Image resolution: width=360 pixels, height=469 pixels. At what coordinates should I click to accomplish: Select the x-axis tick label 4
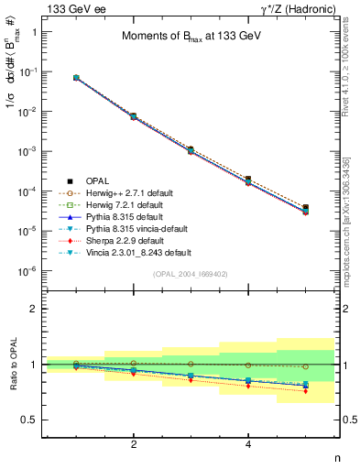(x=248, y=444)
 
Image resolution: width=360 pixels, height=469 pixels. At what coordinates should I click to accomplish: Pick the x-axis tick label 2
(x=134, y=444)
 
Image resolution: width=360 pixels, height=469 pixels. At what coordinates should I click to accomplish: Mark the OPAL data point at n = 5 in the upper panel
(x=305, y=208)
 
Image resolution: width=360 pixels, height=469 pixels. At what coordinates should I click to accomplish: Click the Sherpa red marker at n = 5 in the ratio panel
(x=305, y=391)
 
